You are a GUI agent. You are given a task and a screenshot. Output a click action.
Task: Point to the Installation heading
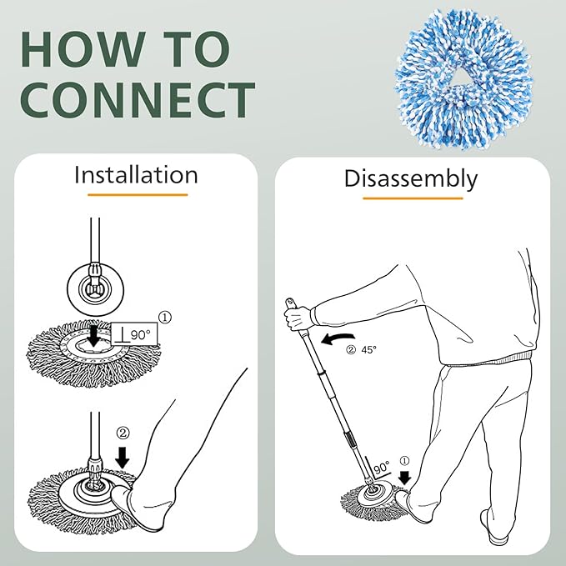(x=136, y=175)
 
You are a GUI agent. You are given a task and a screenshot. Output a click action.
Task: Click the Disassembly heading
(x=411, y=178)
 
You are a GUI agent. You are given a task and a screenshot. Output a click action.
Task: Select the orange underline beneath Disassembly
(x=412, y=198)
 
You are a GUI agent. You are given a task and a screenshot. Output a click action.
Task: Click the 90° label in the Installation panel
(x=138, y=333)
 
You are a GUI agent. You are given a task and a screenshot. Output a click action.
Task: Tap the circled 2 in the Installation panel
(x=123, y=433)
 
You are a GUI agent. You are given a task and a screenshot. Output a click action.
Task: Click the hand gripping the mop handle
(x=298, y=318)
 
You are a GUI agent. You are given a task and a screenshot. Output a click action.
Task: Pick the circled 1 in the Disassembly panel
(x=406, y=459)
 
